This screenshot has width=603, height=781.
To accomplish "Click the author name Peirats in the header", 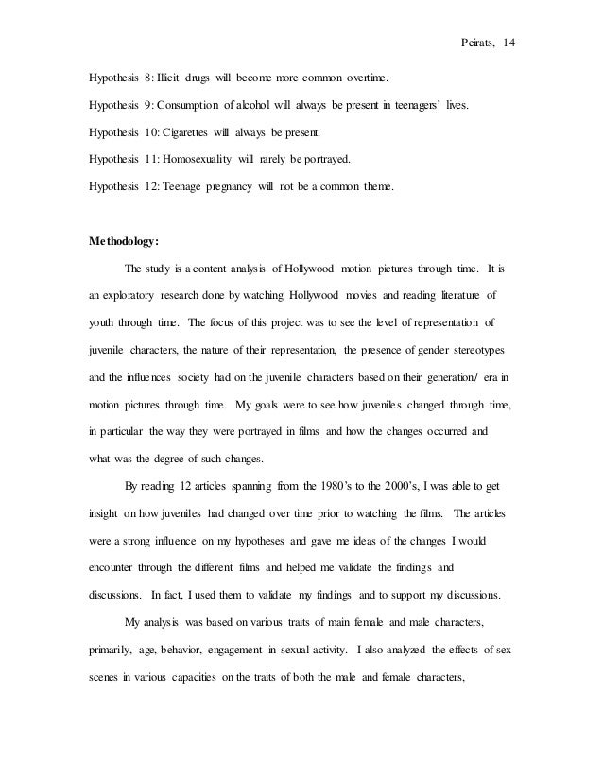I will (x=479, y=43).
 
